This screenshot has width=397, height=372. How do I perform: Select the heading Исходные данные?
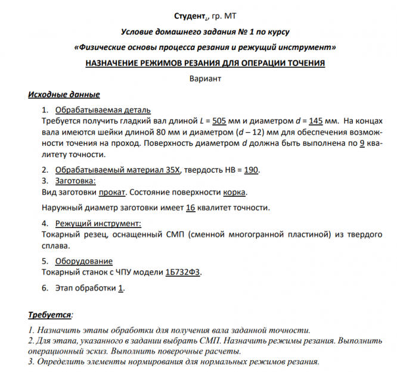64,95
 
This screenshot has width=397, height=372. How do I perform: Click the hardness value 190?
251,170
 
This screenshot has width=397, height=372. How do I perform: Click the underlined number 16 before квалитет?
191,208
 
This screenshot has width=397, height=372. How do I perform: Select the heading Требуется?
49,314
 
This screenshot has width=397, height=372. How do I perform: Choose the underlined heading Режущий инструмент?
98,223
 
